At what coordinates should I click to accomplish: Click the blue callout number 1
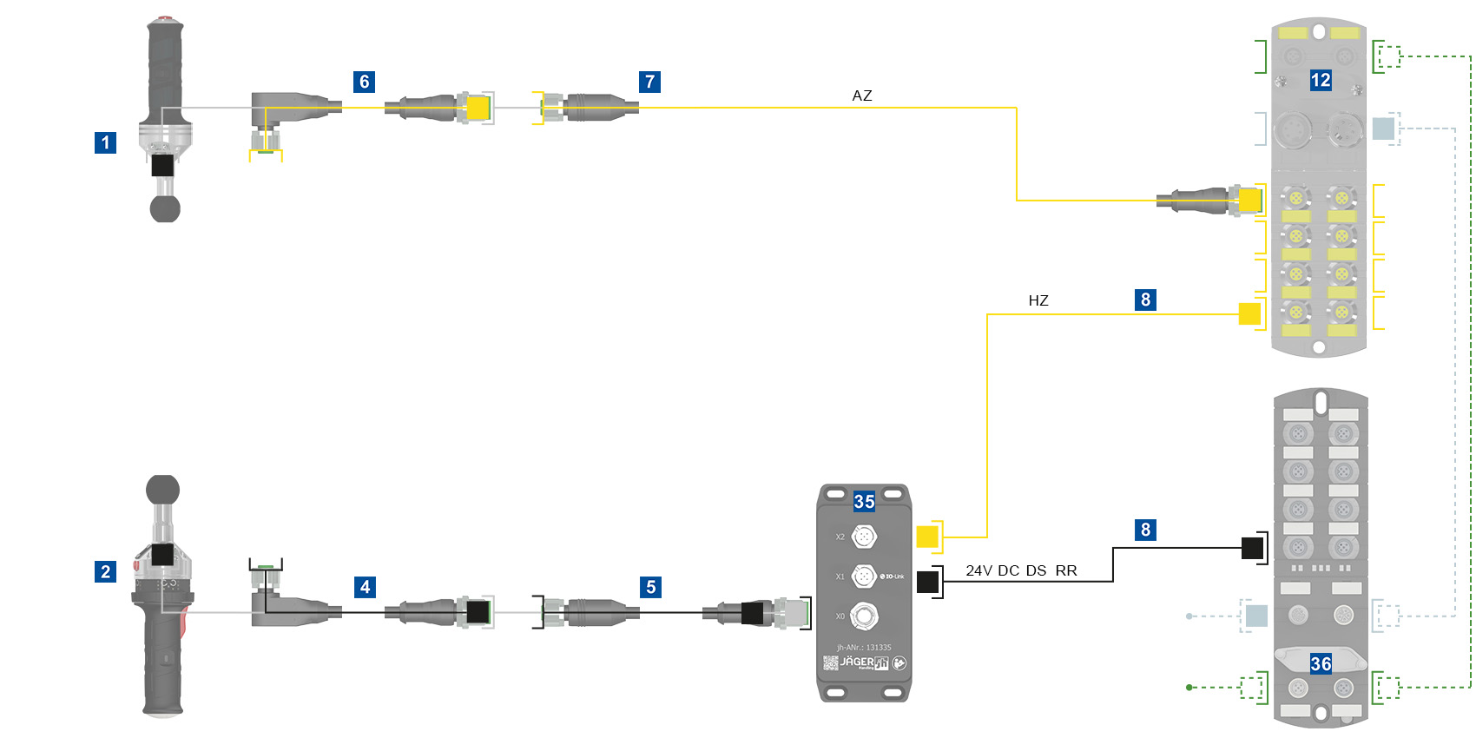coord(105,142)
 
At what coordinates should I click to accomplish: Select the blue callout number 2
coord(105,571)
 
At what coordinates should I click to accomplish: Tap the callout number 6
coord(365,82)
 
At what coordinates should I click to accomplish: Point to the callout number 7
coord(649,82)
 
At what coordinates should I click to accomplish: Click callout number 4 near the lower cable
coord(365,587)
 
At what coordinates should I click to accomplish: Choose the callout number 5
coord(650,587)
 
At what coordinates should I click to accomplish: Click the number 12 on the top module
coord(1321,81)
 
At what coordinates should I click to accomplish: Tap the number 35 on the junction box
coord(864,501)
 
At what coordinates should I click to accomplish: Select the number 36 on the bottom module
coord(1321,664)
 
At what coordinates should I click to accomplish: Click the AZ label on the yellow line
coord(861,96)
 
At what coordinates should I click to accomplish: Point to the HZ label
coord(1038,300)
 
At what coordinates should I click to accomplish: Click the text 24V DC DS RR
coord(1021,570)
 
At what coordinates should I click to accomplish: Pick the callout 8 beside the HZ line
coord(1145,300)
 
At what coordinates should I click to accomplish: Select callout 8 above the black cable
coord(1145,530)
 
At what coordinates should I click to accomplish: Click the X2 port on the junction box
coord(863,537)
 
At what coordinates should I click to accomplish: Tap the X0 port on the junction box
coord(863,616)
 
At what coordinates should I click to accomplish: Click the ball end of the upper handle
coord(165,208)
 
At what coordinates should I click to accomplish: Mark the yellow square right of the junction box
coord(927,537)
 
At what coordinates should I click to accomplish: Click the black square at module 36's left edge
coord(1252,548)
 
